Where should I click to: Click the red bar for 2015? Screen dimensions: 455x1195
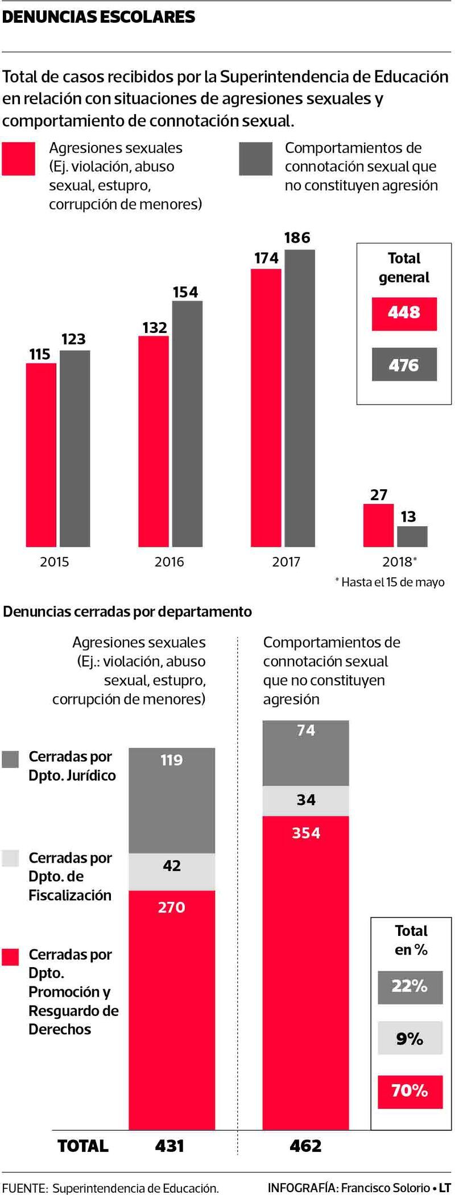click(x=41, y=455)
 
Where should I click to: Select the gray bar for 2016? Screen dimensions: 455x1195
click(x=187, y=424)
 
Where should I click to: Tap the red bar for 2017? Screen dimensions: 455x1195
click(x=266, y=408)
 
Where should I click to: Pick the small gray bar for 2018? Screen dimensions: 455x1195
click(x=412, y=536)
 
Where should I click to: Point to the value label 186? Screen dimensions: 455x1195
click(x=297, y=238)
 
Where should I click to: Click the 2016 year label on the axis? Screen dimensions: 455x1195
click(x=169, y=562)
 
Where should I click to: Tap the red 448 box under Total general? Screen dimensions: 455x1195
click(x=404, y=313)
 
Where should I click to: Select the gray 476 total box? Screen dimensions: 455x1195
click(x=404, y=364)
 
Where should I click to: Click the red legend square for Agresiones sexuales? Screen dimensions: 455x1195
click(x=18, y=159)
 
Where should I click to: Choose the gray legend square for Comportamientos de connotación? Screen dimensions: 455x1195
click(x=255, y=159)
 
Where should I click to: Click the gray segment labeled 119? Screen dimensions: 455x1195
click(x=172, y=801)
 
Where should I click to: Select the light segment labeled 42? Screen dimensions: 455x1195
click(x=172, y=872)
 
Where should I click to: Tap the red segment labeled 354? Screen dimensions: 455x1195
click(x=305, y=972)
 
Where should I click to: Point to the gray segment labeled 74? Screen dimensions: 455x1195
click(x=305, y=753)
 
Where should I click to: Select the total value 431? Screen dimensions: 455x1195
click(x=169, y=1146)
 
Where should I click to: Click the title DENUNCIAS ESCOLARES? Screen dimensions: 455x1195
click(x=99, y=18)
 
